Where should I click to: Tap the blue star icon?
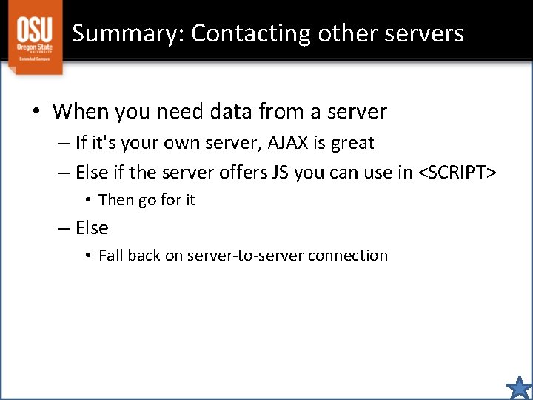click(519, 387)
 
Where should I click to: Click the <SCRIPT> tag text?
click(457, 173)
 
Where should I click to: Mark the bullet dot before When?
click(36, 113)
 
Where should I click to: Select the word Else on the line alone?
click(92, 228)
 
